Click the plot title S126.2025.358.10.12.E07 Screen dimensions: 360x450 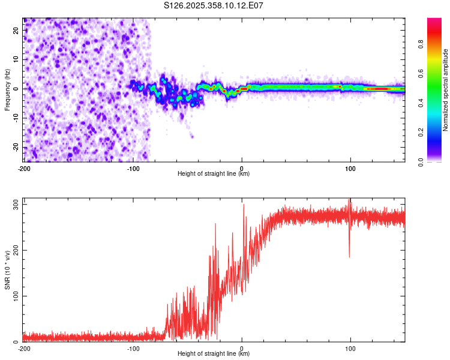pyautogui.click(x=214, y=5)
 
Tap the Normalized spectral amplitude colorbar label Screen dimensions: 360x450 pyautogui.click(x=445, y=90)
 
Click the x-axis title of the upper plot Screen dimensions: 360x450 pyautogui.click(x=214, y=174)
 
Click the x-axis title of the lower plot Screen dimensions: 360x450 pyautogui.click(x=214, y=354)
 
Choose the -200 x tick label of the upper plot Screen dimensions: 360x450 pyautogui.click(x=24, y=168)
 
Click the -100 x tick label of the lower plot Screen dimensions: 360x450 pyautogui.click(x=133, y=348)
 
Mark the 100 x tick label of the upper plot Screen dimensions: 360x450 pyautogui.click(x=350, y=168)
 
